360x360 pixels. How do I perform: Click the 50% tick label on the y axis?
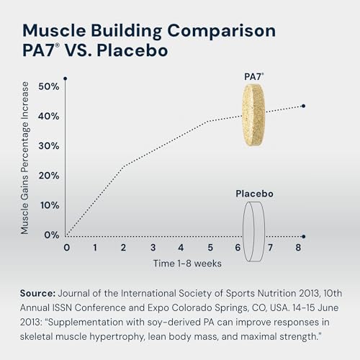pyautogui.click(x=49, y=86)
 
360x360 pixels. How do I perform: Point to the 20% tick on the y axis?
pyautogui.click(x=49, y=175)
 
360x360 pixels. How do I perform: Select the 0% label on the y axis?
pyautogui.click(x=52, y=235)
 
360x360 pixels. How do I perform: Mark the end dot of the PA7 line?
pyautogui.click(x=303, y=106)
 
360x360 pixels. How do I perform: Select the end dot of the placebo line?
pyautogui.click(x=303, y=236)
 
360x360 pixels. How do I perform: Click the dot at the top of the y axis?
pyautogui.click(x=66, y=78)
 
